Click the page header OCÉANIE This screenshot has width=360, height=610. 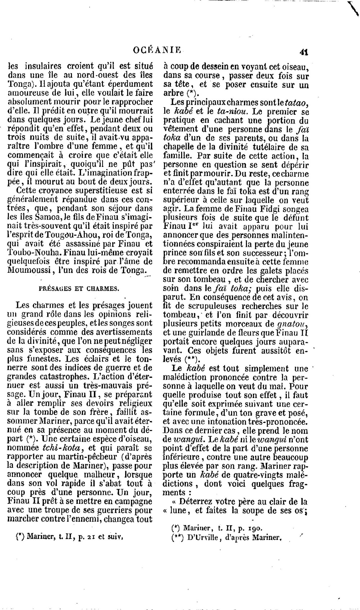point(157,50)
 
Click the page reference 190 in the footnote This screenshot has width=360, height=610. point(253,528)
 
